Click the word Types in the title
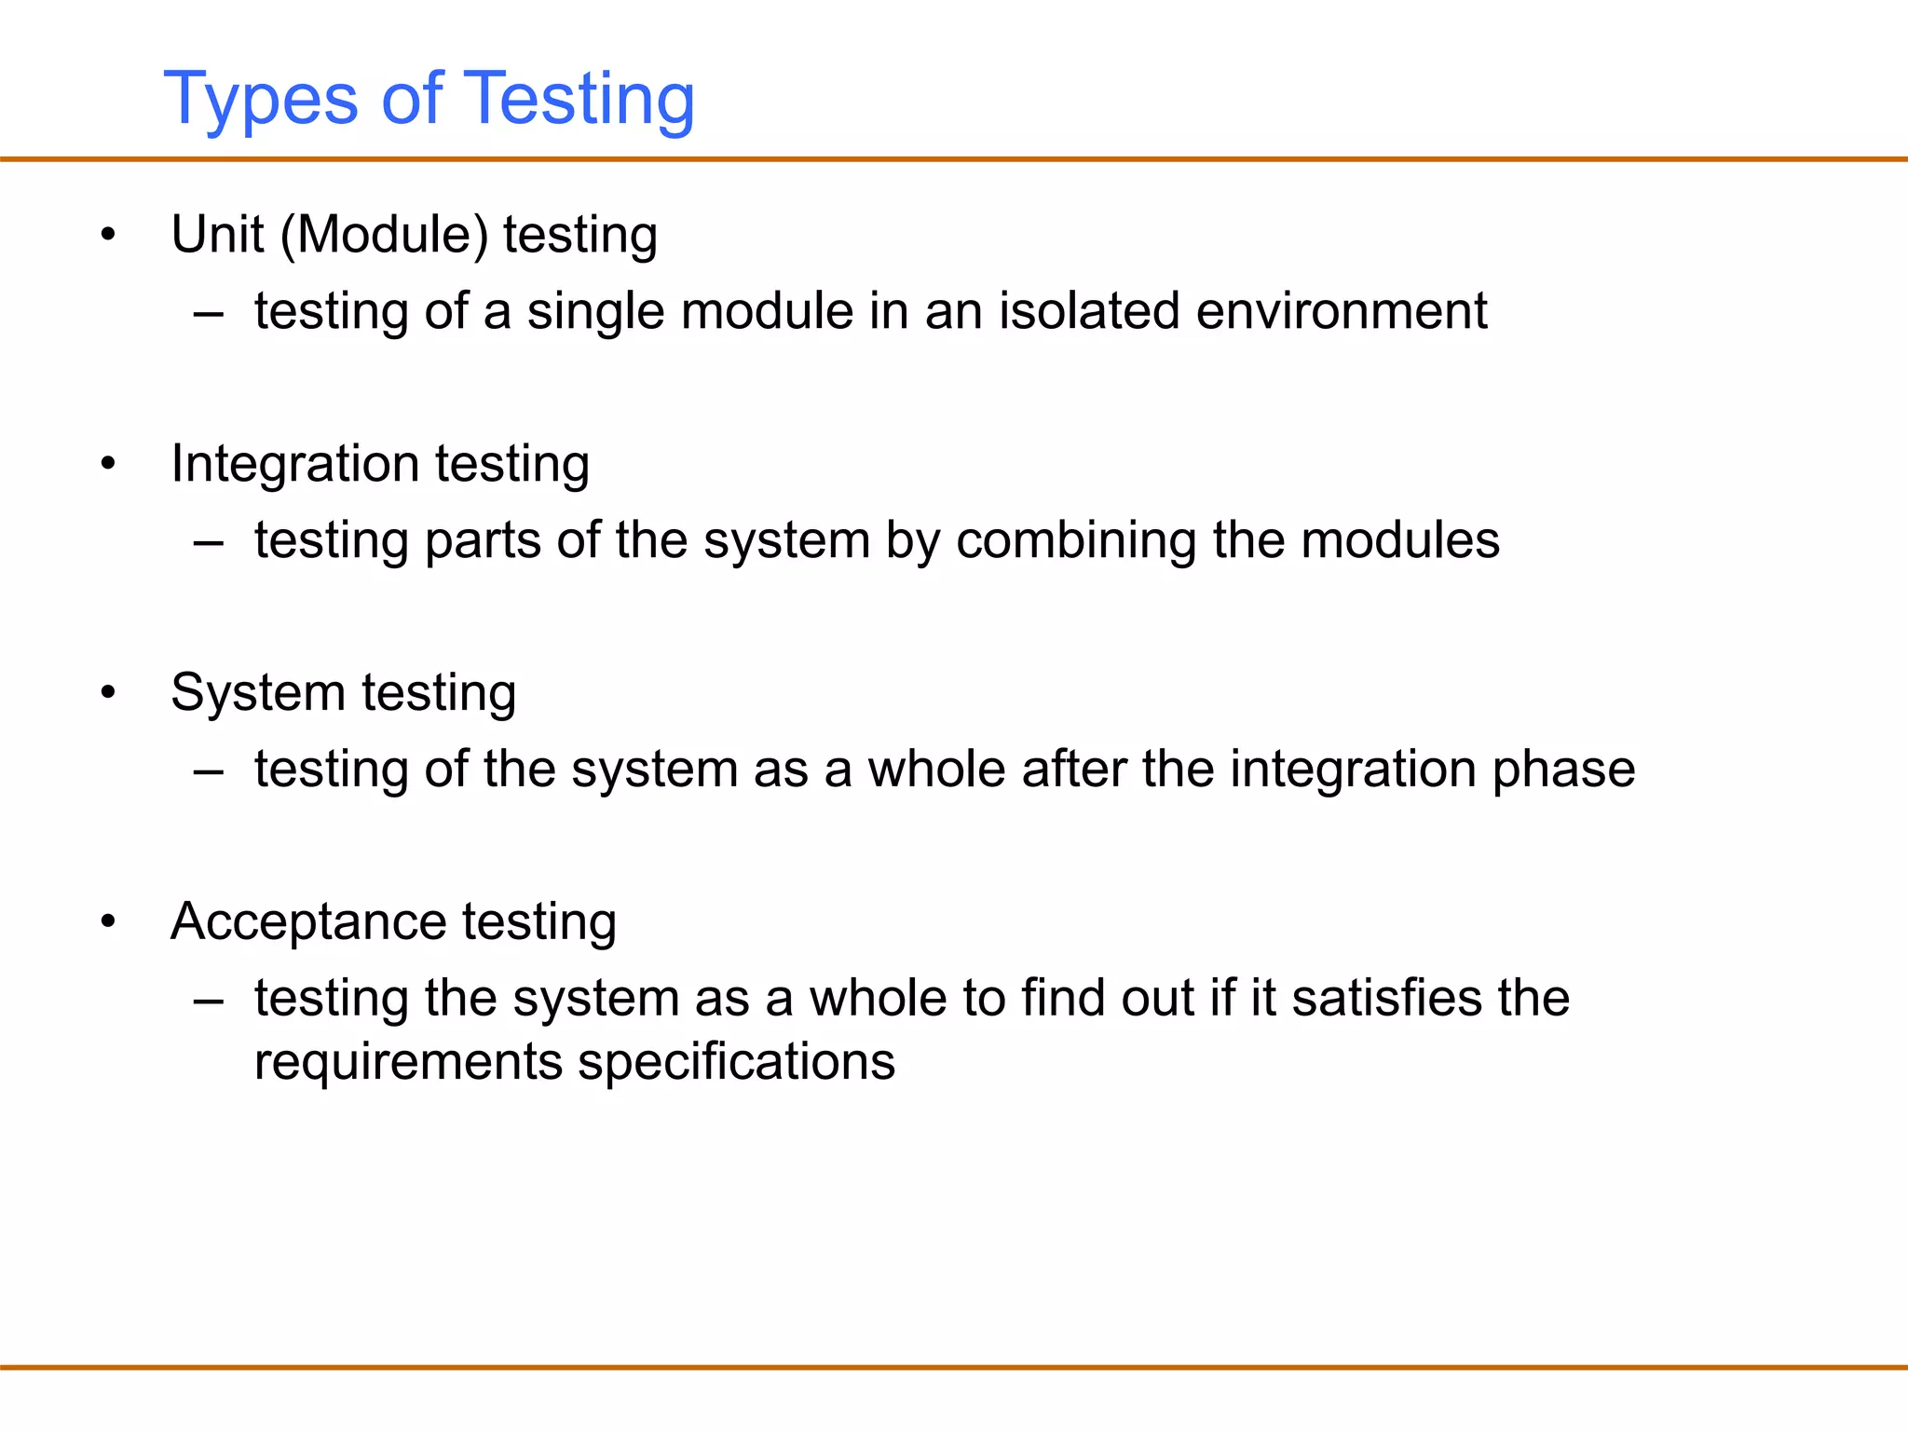pos(260,101)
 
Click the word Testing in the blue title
pos(579,101)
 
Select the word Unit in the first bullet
pos(217,235)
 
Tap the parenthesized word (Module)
pos(384,235)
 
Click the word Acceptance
pos(308,922)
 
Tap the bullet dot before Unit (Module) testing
pos(109,235)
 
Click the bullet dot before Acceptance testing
pos(109,922)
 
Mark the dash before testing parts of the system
pos(209,541)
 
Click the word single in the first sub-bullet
pos(596,311)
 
